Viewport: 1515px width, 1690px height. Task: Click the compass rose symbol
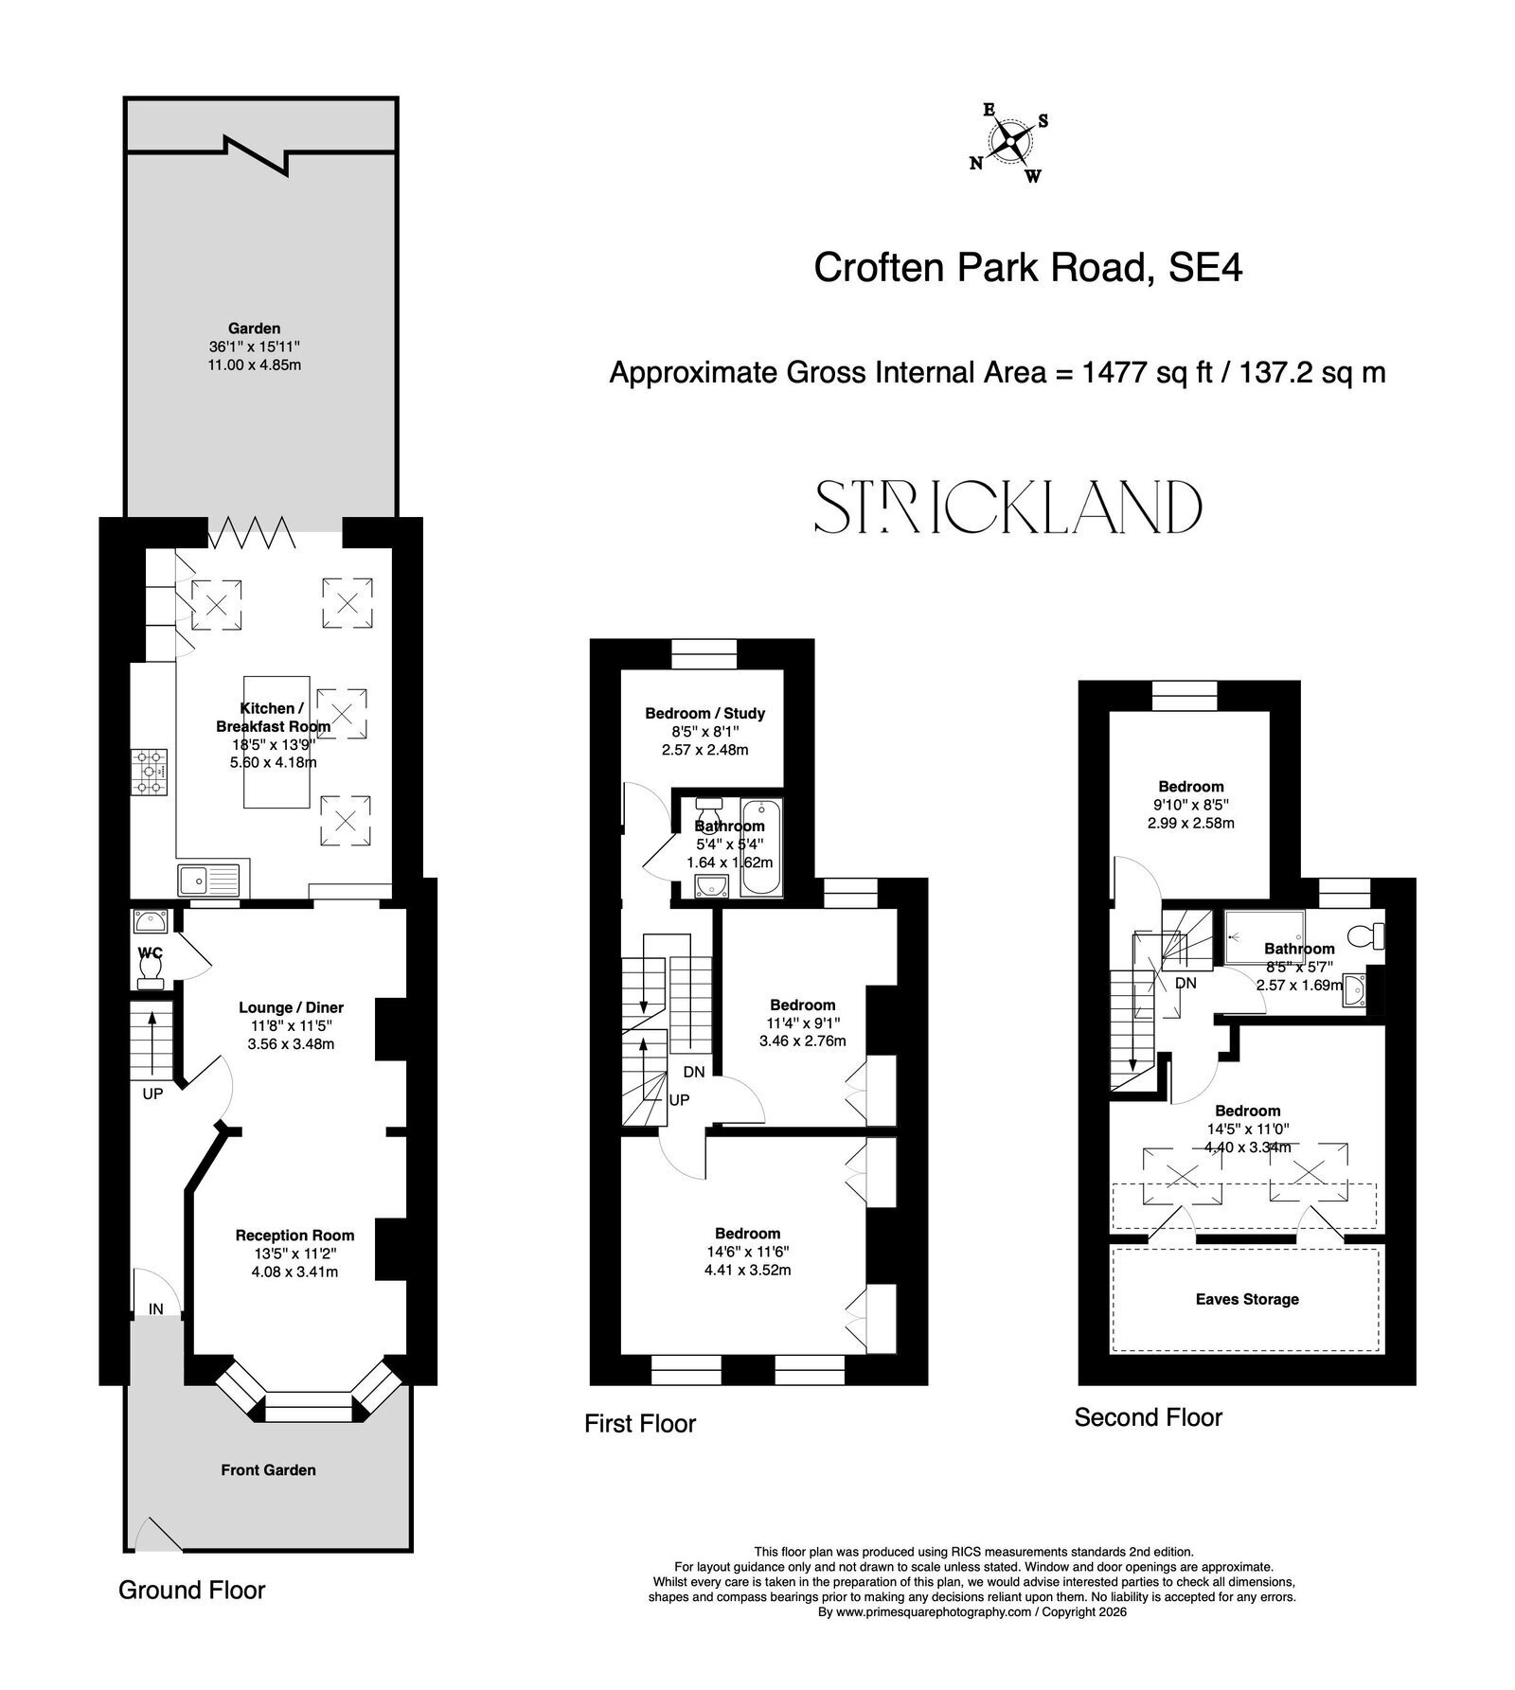[x=1010, y=143]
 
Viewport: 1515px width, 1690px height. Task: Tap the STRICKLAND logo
[x=1008, y=507]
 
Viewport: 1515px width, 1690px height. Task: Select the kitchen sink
[x=210, y=880]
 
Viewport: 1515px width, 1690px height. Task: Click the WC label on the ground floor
[x=150, y=951]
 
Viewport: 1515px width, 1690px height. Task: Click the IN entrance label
[x=155, y=1309]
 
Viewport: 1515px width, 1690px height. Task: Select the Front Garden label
[x=268, y=1470]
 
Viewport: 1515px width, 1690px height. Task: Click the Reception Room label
[x=294, y=1235]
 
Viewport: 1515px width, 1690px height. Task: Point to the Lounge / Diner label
[x=291, y=1007]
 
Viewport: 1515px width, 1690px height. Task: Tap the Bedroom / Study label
[x=704, y=713]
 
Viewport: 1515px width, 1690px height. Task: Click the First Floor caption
[x=640, y=1424]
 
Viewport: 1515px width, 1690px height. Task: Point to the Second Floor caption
[x=1149, y=1417]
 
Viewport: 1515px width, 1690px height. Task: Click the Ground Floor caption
[x=192, y=1590]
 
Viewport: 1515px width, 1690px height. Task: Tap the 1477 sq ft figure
[x=1122, y=372]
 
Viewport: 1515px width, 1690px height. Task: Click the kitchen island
[x=277, y=741]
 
